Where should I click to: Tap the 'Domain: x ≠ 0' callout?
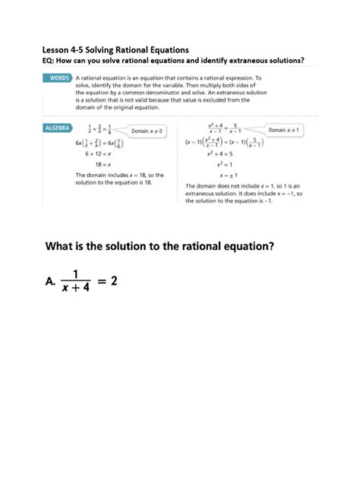pos(149,131)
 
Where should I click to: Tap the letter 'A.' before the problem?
pos(49,283)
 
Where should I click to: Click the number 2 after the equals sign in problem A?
pos(114,281)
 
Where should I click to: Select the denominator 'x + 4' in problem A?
pos(75,289)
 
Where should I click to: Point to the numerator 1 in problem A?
pos(75,273)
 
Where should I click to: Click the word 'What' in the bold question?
pos(66,246)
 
